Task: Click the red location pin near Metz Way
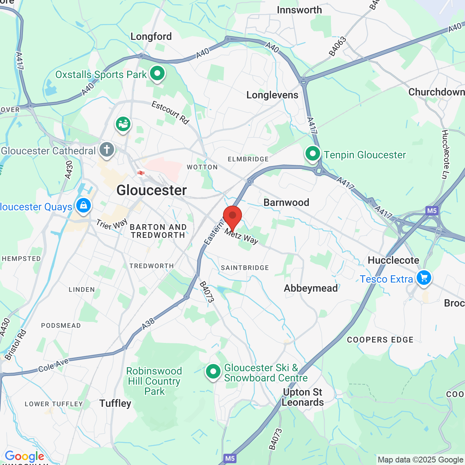pyautogui.click(x=232, y=217)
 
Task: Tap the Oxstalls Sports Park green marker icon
pyautogui.click(x=157, y=73)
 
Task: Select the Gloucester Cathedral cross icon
pyautogui.click(x=107, y=150)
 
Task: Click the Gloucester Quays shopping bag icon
pyautogui.click(x=84, y=206)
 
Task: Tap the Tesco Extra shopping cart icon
pyautogui.click(x=424, y=278)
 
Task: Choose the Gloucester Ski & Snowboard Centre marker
pyautogui.click(x=213, y=372)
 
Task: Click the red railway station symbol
pyautogui.click(x=141, y=173)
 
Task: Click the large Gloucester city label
pyautogui.click(x=151, y=190)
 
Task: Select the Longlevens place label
pyautogui.click(x=272, y=95)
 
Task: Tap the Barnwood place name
pyautogui.click(x=286, y=202)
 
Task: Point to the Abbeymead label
pyautogui.click(x=311, y=288)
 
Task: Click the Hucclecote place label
pyautogui.click(x=393, y=260)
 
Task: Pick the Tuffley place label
pyautogui.click(x=115, y=403)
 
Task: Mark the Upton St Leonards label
pyautogui.click(x=303, y=397)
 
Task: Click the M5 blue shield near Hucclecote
pyautogui.click(x=432, y=211)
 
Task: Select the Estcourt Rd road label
pyautogui.click(x=170, y=113)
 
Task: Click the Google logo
pyautogui.click(x=24, y=456)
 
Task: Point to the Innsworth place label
pyautogui.click(x=299, y=10)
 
